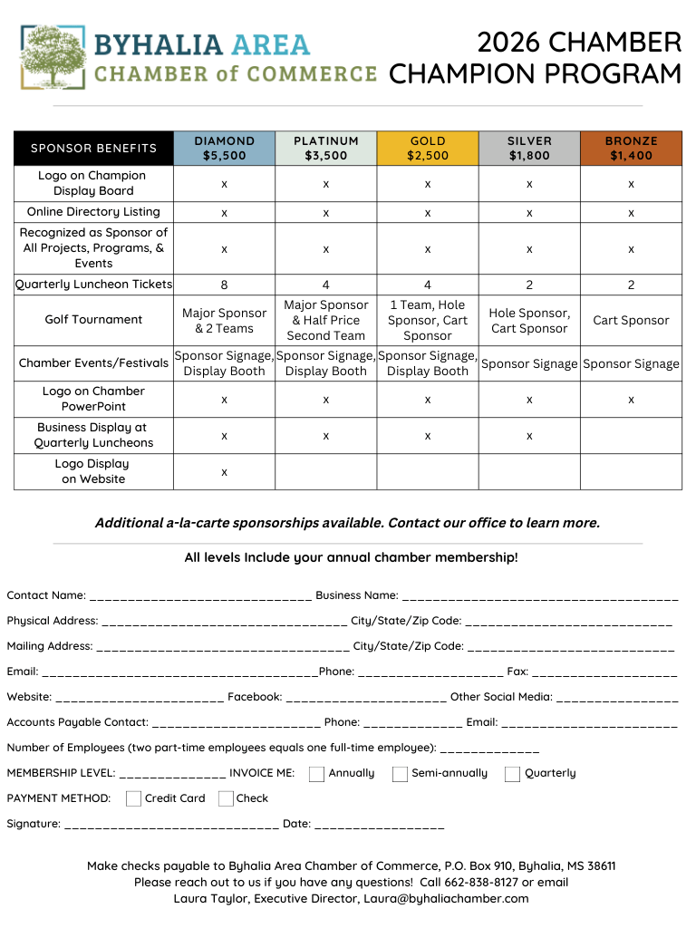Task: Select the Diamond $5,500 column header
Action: pyautogui.click(x=224, y=148)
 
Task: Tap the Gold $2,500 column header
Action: pyautogui.click(x=428, y=148)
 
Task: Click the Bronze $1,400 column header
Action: pyautogui.click(x=631, y=148)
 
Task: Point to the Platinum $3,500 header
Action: pyautogui.click(x=325, y=148)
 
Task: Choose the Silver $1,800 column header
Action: pyautogui.click(x=529, y=148)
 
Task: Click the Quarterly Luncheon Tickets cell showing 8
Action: pyautogui.click(x=224, y=285)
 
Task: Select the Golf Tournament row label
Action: pyautogui.click(x=93, y=319)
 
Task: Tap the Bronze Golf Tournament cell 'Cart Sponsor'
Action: pyautogui.click(x=631, y=320)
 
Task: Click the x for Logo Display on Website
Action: pyautogui.click(x=224, y=472)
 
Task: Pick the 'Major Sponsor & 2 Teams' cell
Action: pyautogui.click(x=224, y=320)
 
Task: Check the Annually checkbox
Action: pyautogui.click(x=316, y=774)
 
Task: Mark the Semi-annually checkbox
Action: pyautogui.click(x=400, y=774)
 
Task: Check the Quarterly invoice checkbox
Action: pyautogui.click(x=512, y=774)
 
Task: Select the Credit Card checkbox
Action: pyautogui.click(x=133, y=798)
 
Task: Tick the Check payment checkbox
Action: pyautogui.click(x=225, y=798)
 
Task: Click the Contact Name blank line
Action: pyautogui.click(x=200, y=597)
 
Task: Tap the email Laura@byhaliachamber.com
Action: pyautogui.click(x=446, y=898)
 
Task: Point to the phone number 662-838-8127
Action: pyautogui.click(x=480, y=882)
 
